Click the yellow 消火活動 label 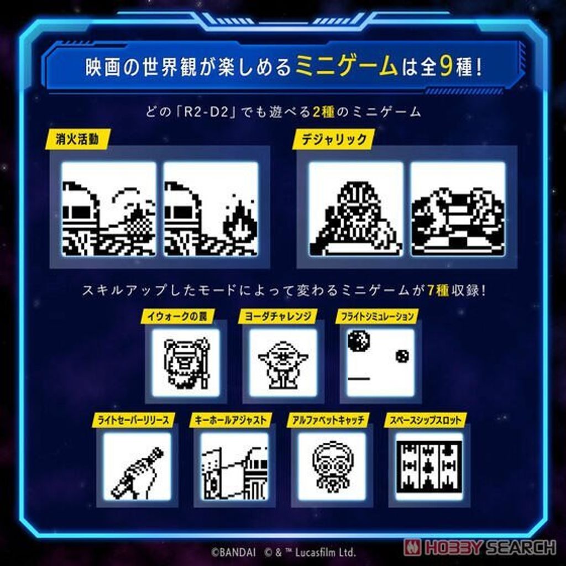(x=77, y=139)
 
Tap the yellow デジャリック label (x=333, y=139)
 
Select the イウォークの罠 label (x=177, y=317)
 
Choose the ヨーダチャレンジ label (x=277, y=317)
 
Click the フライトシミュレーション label (x=377, y=317)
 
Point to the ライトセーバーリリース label (x=133, y=420)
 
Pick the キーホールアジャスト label (x=230, y=420)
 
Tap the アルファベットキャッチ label (x=328, y=420)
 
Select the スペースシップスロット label (x=426, y=420)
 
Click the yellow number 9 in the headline (x=446, y=66)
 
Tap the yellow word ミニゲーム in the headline (x=347, y=66)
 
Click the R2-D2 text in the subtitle (x=207, y=112)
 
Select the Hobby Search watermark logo (x=480, y=547)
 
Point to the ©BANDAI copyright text (x=234, y=552)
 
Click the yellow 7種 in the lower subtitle (x=438, y=290)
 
